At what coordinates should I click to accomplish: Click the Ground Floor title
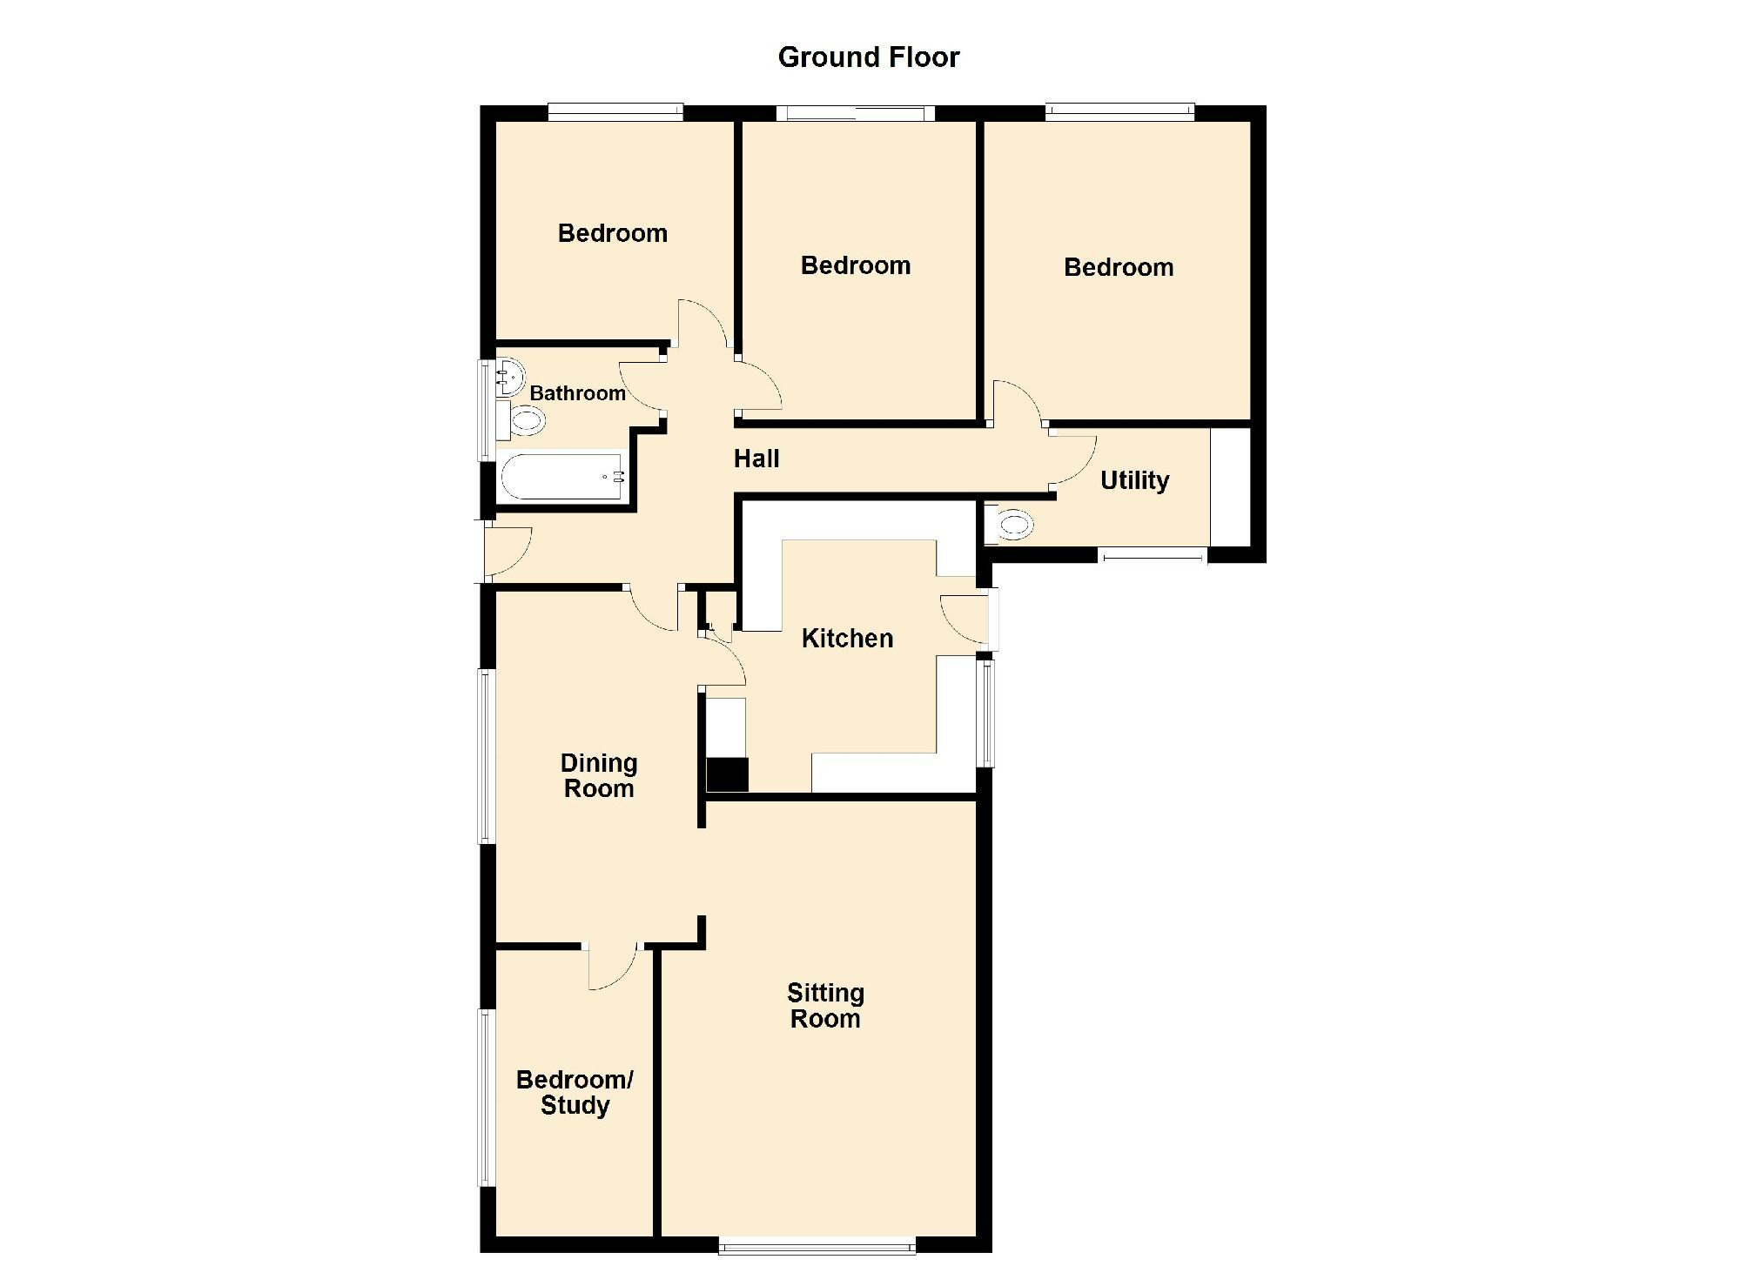pos(868,57)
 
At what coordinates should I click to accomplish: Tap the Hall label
pos(756,459)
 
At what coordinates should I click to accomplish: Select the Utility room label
pos(1134,480)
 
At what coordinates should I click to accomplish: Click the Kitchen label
pos(847,639)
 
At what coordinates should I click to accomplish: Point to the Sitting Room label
pos(825,1006)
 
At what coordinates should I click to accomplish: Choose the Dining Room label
pos(599,776)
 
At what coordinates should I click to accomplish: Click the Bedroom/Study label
pos(575,1092)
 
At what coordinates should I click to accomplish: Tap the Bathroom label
pos(577,393)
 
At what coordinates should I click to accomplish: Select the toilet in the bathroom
pos(525,422)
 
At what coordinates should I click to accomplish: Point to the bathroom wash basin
pos(509,376)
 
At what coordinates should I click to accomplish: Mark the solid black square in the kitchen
pos(727,774)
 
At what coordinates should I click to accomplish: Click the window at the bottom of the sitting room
pos(817,1245)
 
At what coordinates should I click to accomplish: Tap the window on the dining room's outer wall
pos(486,755)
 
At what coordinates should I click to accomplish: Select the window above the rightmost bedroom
pos(1119,111)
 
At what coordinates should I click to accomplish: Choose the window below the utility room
pos(1153,554)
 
